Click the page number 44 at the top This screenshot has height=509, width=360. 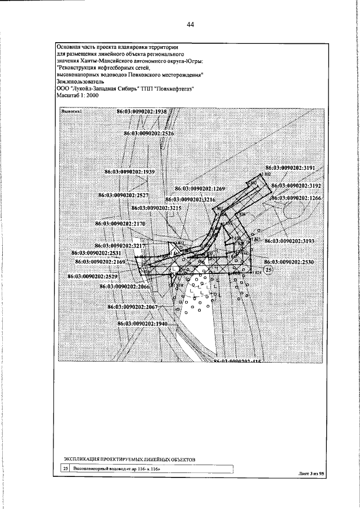point(190,24)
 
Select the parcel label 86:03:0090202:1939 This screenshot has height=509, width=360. point(130,171)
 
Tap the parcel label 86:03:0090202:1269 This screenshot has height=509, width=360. point(200,188)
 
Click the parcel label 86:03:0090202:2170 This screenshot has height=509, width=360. point(121,223)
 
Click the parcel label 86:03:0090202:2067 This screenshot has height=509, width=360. point(135,307)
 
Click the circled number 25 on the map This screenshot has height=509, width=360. point(269,271)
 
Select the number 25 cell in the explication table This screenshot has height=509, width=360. point(66,468)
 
